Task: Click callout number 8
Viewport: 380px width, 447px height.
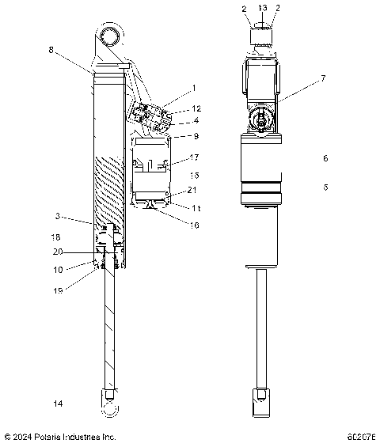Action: click(51, 49)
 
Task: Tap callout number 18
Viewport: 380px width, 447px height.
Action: click(55, 237)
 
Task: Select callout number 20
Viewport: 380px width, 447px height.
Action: click(56, 252)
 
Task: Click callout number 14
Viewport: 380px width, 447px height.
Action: click(57, 404)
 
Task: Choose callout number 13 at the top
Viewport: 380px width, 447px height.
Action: click(262, 7)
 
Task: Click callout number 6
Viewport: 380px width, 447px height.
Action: click(325, 158)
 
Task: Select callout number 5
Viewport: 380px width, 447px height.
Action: click(325, 188)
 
